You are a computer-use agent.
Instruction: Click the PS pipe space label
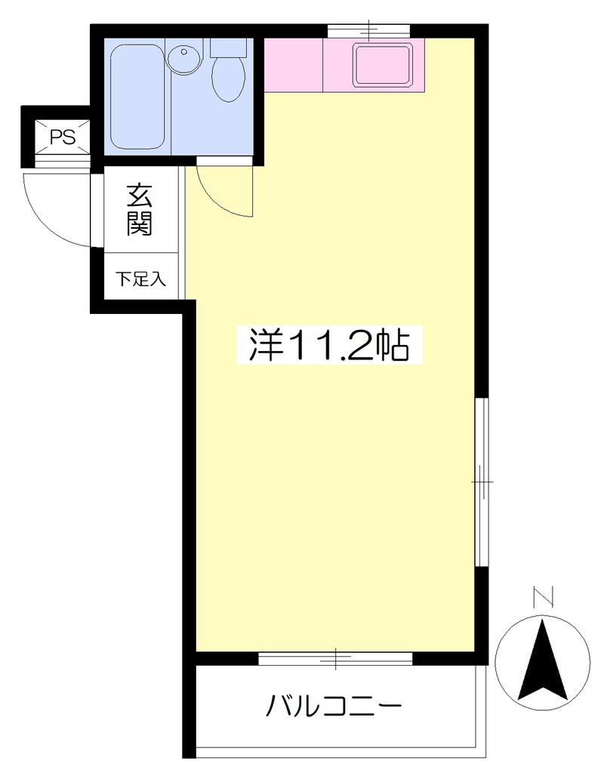[63, 137]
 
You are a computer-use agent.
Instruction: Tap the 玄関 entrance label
[140, 210]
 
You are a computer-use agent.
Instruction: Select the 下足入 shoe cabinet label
[140, 279]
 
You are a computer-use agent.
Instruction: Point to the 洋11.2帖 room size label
[329, 345]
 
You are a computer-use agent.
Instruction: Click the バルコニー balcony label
[334, 706]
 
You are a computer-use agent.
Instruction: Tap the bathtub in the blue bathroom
[137, 97]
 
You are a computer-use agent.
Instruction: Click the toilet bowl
[229, 79]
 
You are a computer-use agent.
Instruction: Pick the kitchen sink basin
[383, 64]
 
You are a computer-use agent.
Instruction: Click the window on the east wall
[482, 482]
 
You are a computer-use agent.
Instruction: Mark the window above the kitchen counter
[369, 30]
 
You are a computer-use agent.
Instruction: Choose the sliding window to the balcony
[335, 658]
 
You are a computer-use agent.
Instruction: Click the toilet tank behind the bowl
[228, 48]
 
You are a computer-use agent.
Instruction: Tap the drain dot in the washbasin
[184, 51]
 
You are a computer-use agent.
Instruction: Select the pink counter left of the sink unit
[294, 65]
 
